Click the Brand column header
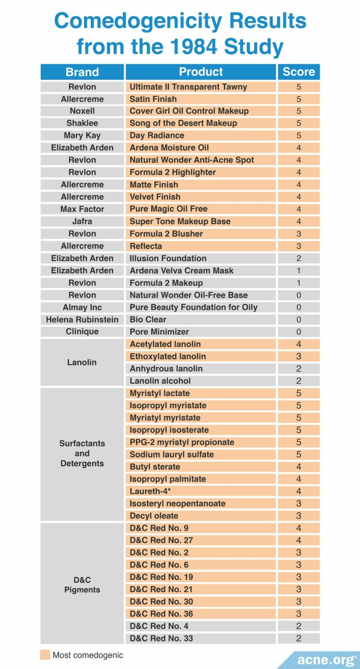pos(82,72)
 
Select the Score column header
pos(298,72)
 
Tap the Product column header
pos(201,72)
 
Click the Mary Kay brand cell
pos(82,135)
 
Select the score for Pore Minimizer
pos(298,332)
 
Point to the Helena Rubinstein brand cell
pos(82,320)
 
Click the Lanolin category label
pos(82,362)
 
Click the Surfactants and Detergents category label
pos(82,453)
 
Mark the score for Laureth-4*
pos(298,491)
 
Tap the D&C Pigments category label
pos(82,585)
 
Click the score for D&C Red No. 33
pos(298,639)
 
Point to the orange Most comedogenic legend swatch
pos(45,655)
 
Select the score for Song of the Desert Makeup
pos(298,123)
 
